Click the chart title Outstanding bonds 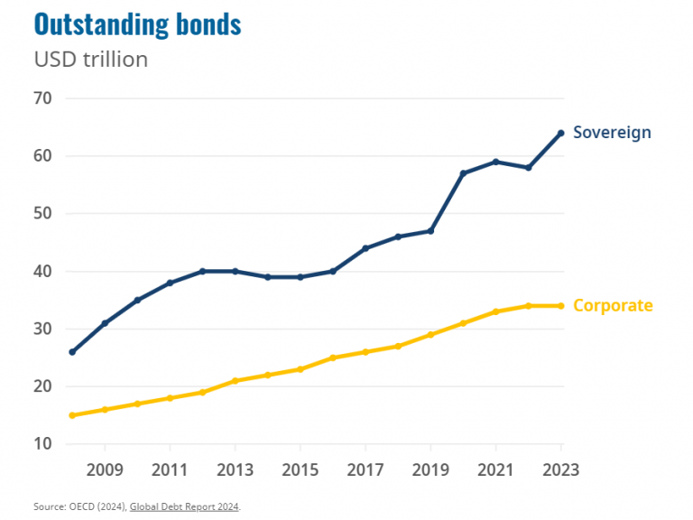point(137,24)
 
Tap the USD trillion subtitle point(90,60)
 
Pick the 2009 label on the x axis point(105,469)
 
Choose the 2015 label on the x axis point(300,469)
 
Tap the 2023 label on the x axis point(559,469)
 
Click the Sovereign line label point(612,133)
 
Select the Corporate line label point(613,305)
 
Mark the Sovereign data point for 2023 point(560,133)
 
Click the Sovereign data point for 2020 point(463,173)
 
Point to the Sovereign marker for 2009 point(105,323)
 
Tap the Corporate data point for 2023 point(560,305)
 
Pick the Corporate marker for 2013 point(235,380)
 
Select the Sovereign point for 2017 point(365,248)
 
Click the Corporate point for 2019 point(430,334)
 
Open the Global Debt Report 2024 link point(184,506)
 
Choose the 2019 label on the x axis point(430,469)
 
